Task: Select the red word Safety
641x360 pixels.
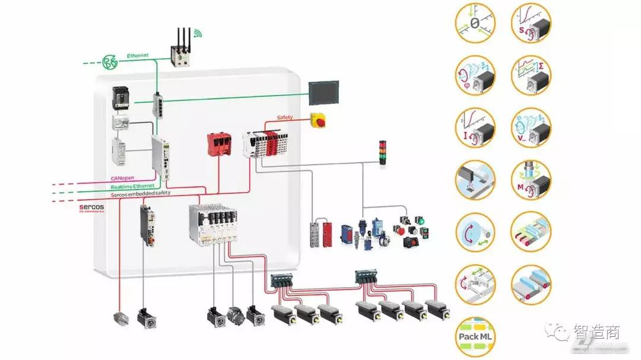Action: (x=285, y=117)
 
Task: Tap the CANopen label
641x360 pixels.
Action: (x=123, y=178)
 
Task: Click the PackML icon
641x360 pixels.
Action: (x=476, y=336)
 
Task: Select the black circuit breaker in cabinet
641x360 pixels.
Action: (x=120, y=98)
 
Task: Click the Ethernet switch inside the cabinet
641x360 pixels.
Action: (x=161, y=104)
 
